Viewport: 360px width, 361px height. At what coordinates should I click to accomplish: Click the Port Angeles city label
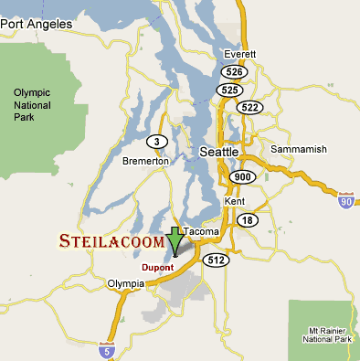tap(36, 26)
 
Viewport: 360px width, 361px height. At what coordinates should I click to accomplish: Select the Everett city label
tap(240, 54)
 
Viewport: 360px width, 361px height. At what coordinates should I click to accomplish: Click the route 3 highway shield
tap(156, 141)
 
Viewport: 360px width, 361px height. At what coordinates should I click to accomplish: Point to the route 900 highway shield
tap(243, 176)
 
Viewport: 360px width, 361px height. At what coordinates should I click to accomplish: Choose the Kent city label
tap(234, 199)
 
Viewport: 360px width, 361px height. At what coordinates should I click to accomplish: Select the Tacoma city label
tap(202, 232)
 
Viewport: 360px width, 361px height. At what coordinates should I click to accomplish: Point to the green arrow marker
tap(175, 242)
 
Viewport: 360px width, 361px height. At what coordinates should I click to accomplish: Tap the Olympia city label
tap(126, 284)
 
